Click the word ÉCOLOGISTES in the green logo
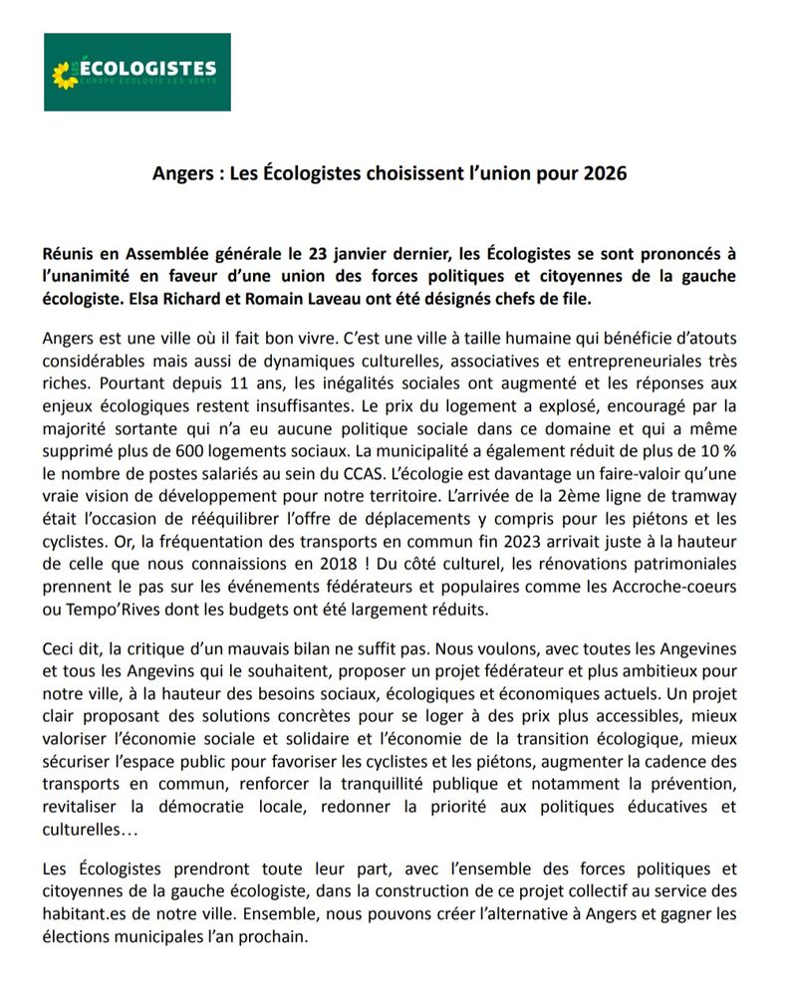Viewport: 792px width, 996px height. click(148, 69)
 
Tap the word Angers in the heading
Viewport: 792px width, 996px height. click(182, 173)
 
